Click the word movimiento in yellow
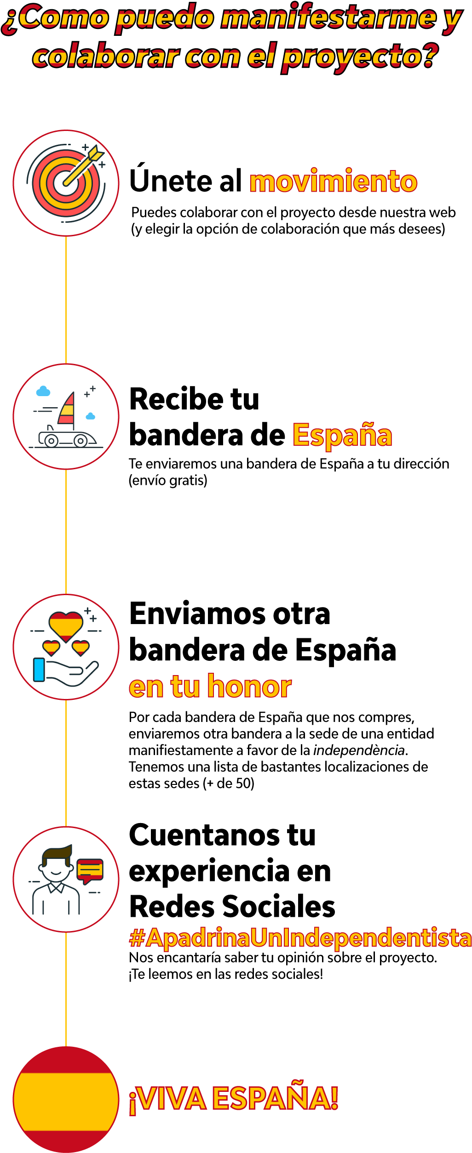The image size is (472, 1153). pyautogui.click(x=334, y=182)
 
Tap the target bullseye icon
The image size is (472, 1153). pyautogui.click(x=66, y=183)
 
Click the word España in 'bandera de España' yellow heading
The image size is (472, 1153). pyautogui.click(x=342, y=435)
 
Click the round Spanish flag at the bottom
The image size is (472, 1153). pyautogui.click(x=66, y=1099)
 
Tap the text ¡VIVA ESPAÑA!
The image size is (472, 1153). pyautogui.click(x=234, y=1099)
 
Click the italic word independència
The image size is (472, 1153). pyautogui.click(x=359, y=750)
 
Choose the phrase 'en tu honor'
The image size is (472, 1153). pyautogui.click(x=210, y=687)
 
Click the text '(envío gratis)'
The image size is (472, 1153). pyautogui.click(x=168, y=481)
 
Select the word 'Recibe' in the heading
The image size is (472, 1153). pyautogui.click(x=177, y=399)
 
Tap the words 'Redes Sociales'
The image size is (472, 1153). pyautogui.click(x=232, y=907)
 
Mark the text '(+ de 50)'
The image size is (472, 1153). pyautogui.click(x=229, y=784)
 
